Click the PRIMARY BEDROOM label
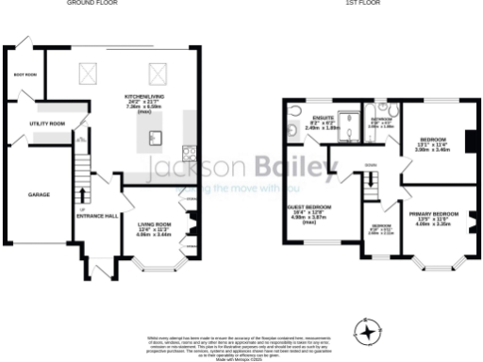point(435,215)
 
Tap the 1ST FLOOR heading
point(360,3)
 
